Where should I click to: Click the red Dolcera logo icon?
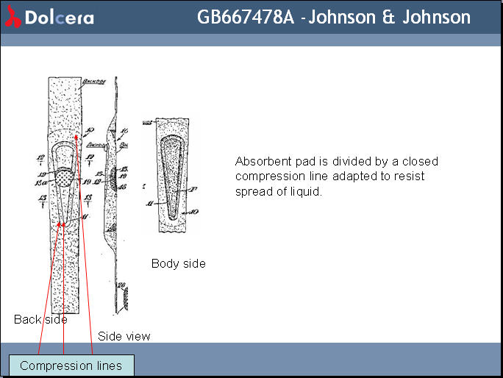point(13,18)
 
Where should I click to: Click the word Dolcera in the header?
point(60,18)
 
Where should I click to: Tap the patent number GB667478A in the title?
point(246,17)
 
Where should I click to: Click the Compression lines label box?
point(71,365)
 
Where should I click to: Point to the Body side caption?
point(179,263)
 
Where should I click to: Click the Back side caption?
point(40,319)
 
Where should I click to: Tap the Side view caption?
point(124,336)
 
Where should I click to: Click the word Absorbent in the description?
point(260,161)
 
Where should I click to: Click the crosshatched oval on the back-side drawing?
point(68,176)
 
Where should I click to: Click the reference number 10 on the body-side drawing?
point(193,212)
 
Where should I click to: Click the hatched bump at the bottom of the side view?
point(126,298)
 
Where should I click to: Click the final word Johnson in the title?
point(435,17)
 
